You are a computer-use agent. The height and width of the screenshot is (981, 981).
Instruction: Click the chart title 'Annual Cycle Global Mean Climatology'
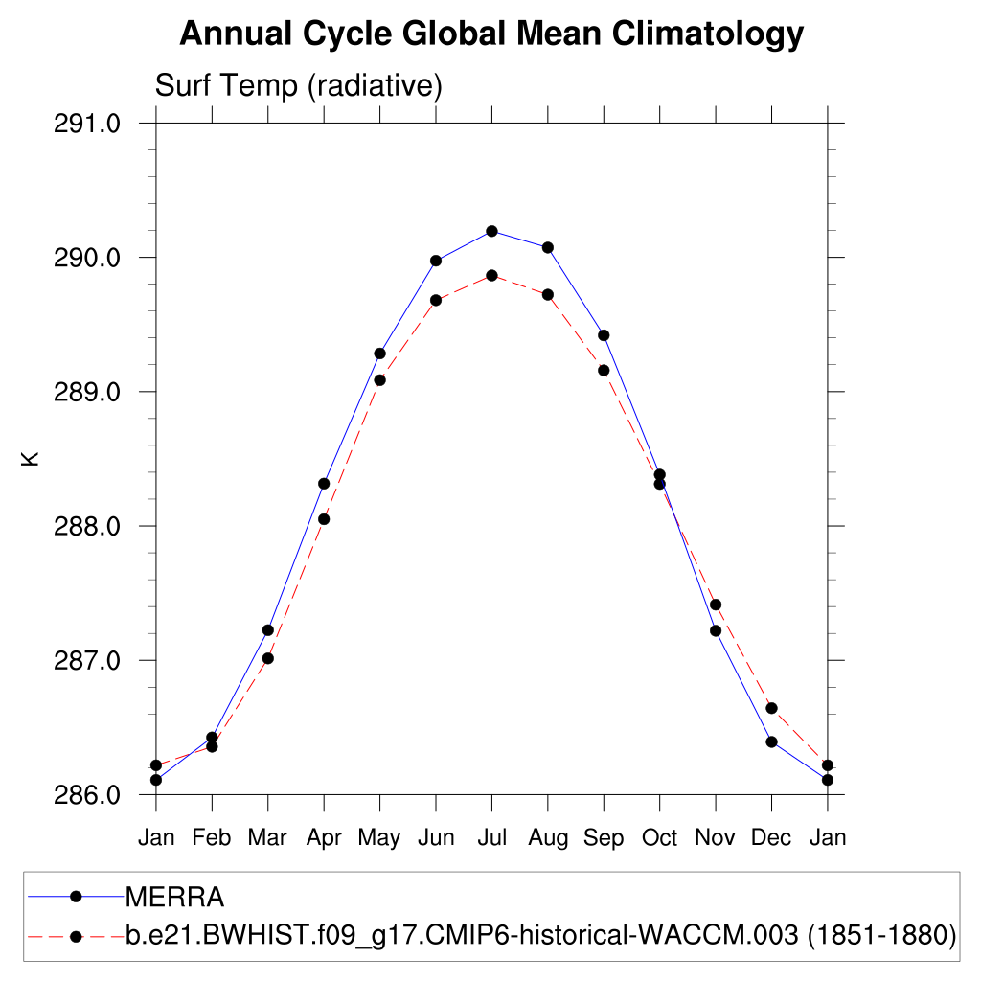(490, 34)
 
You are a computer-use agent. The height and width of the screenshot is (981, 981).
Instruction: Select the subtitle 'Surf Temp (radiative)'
(298, 86)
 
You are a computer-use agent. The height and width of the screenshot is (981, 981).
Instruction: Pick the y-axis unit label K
(31, 459)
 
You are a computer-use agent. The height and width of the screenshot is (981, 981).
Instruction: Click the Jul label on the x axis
(491, 838)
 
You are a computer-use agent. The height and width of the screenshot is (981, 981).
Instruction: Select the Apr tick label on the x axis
(324, 838)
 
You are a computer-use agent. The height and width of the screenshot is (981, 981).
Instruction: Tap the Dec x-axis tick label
(771, 838)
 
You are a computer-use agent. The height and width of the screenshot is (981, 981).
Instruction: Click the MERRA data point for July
(491, 231)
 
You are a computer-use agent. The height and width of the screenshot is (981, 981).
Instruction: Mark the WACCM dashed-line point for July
(491, 275)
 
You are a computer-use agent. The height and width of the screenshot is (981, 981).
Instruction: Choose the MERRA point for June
(436, 261)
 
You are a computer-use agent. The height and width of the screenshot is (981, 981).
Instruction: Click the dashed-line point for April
(324, 519)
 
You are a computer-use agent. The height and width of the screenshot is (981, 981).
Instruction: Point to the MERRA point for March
(268, 629)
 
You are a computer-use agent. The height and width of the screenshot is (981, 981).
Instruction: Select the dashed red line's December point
(771, 708)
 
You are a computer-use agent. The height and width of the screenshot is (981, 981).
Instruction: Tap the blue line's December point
(771, 741)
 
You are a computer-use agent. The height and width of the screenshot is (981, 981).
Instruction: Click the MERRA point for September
(604, 335)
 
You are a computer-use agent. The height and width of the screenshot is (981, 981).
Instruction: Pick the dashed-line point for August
(548, 294)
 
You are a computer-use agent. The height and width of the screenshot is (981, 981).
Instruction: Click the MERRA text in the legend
(175, 897)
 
